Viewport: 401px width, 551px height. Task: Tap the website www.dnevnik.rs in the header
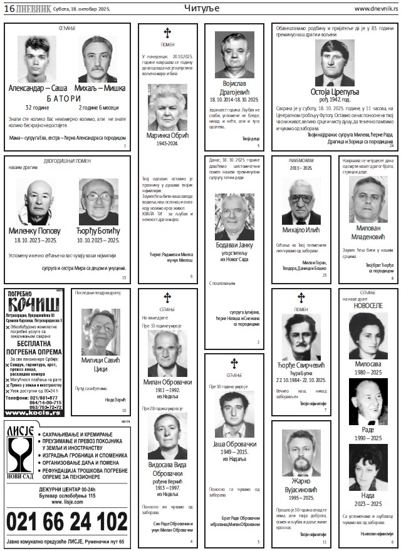pos(375,8)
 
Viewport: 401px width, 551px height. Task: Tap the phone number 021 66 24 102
pos(66,521)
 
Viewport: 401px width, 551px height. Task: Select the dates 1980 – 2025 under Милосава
pos(367,372)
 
